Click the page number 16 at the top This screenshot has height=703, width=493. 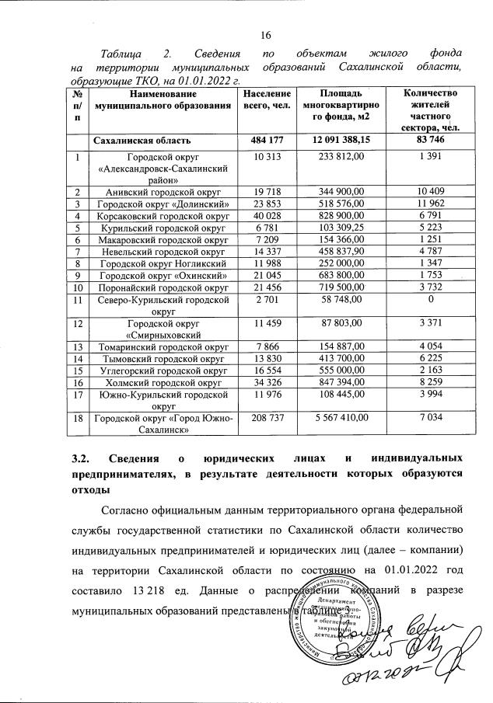(264, 34)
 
